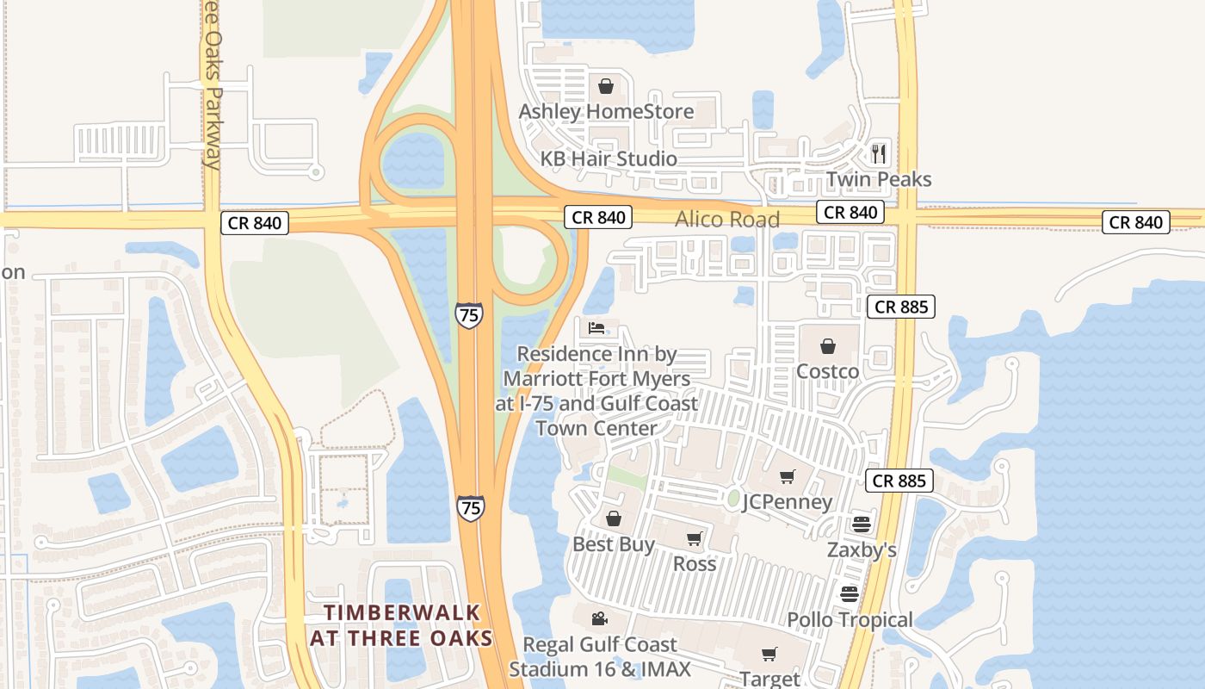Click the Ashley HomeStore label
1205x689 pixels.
tap(605, 112)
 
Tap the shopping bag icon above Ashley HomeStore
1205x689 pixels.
tap(605, 86)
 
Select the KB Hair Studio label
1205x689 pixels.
tap(609, 159)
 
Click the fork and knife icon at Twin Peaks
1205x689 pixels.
tap(879, 153)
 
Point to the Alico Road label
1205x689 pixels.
tap(727, 220)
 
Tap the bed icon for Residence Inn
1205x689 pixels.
tap(596, 327)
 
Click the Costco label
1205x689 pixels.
tap(827, 372)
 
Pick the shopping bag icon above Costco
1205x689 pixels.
tap(827, 346)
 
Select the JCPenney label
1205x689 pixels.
tap(788, 502)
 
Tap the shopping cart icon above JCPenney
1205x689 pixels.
tap(787, 476)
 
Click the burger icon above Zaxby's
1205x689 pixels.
tap(862, 524)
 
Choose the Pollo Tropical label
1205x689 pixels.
tap(850, 620)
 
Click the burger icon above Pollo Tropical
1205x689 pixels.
tap(850, 593)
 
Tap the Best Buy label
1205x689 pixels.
tap(614, 545)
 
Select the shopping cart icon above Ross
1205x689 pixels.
tap(695, 539)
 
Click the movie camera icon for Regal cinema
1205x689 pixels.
tap(599, 618)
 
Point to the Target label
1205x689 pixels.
tap(769, 680)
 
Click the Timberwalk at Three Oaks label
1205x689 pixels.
tap(401, 625)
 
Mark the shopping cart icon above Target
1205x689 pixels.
tap(769, 655)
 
